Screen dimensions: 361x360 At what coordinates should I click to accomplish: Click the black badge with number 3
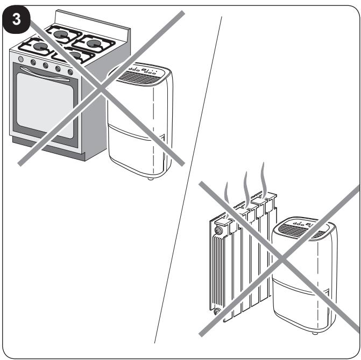(x=16, y=19)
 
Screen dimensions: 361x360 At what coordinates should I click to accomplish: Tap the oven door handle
(x=45, y=74)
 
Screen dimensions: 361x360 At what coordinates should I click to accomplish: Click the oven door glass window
(x=45, y=105)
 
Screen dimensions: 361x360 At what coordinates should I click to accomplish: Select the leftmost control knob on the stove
(x=21, y=59)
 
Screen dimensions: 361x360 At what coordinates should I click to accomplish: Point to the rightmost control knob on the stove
(x=70, y=72)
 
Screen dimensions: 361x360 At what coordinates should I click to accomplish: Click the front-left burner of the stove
(x=40, y=47)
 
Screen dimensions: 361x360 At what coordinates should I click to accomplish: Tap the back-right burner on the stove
(x=94, y=44)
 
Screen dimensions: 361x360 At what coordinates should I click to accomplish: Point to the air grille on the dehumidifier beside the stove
(x=138, y=78)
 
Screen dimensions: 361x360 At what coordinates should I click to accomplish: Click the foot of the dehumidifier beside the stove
(x=151, y=178)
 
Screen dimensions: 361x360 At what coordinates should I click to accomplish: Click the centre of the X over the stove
(x=101, y=89)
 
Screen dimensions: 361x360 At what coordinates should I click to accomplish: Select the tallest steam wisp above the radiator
(x=263, y=179)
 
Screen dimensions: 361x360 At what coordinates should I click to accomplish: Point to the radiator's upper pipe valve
(x=218, y=230)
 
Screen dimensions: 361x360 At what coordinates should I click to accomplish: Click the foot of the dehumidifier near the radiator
(x=315, y=333)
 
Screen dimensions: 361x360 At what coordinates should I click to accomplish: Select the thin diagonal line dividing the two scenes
(x=188, y=180)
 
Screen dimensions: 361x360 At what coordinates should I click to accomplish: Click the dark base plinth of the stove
(x=48, y=149)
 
